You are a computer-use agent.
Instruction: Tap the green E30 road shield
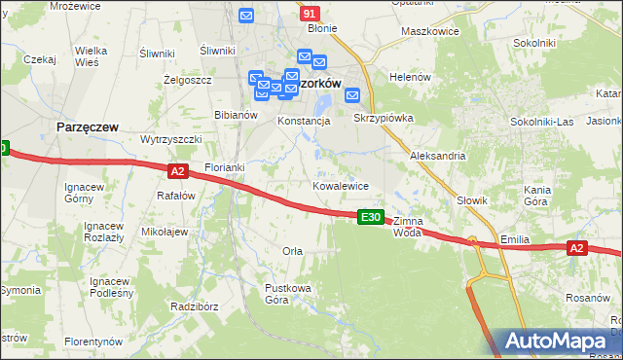(370, 217)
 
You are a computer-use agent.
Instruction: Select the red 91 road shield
(310, 14)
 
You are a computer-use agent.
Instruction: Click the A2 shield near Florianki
(176, 171)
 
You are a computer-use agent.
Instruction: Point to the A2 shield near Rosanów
(576, 249)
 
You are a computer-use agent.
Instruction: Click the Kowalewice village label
(340, 185)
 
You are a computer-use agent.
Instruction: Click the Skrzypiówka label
(385, 118)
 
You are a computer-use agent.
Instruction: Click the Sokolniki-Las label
(542, 122)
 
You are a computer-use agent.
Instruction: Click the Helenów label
(410, 77)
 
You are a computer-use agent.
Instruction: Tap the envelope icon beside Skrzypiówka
(352, 95)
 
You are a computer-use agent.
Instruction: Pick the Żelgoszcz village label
(188, 80)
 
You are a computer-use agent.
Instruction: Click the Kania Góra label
(537, 196)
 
